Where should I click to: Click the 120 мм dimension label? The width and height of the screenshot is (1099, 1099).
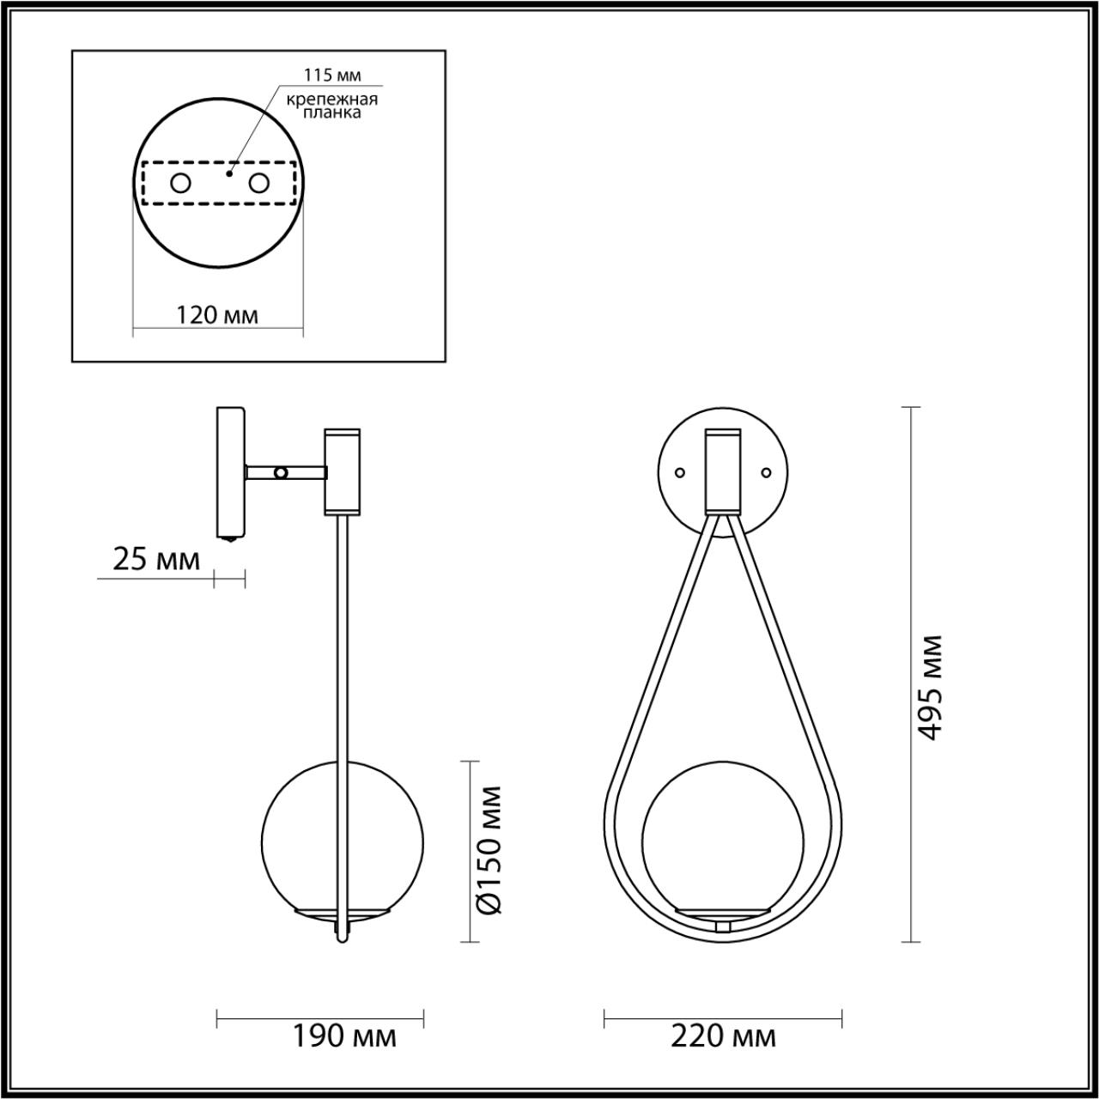[x=217, y=315]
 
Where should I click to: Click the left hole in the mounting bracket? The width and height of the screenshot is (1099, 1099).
[x=181, y=183]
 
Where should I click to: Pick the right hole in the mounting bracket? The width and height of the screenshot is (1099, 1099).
[x=258, y=183]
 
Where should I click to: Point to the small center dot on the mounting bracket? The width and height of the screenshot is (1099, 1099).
[x=228, y=173]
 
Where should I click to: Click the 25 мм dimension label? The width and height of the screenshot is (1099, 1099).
[x=155, y=560]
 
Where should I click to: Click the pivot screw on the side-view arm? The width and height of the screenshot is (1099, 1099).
[x=280, y=471]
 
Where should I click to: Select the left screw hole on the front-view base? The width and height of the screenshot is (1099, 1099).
[x=680, y=471]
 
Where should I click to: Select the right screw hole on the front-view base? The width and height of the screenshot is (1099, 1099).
[x=767, y=471]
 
